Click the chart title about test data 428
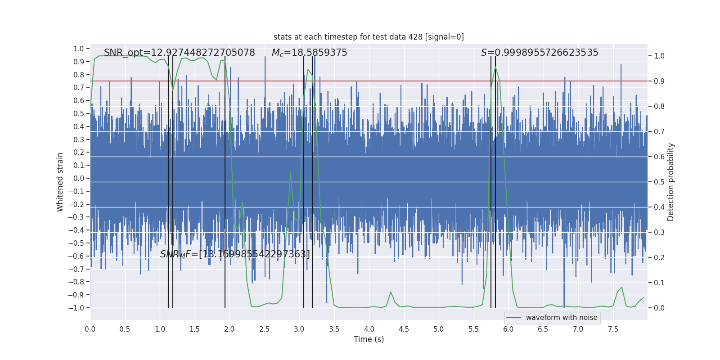[369, 37]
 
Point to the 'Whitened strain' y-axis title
[60, 182]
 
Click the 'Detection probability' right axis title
[671, 182]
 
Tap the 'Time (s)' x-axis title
[369, 339]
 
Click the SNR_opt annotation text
[179, 53]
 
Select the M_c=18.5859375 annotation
[309, 53]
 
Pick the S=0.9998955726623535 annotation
[539, 53]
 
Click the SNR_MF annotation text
[235, 254]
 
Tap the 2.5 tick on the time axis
[264, 329]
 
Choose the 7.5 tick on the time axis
[613, 329]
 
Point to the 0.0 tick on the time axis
[90, 329]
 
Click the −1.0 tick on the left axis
[76, 308]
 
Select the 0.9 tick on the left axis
[79, 62]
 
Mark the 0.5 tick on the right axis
[659, 182]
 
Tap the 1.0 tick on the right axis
[659, 56]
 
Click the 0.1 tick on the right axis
[659, 283]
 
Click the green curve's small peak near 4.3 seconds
[391, 292]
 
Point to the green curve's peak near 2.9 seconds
[290, 173]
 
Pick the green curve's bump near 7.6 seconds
[621, 287]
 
